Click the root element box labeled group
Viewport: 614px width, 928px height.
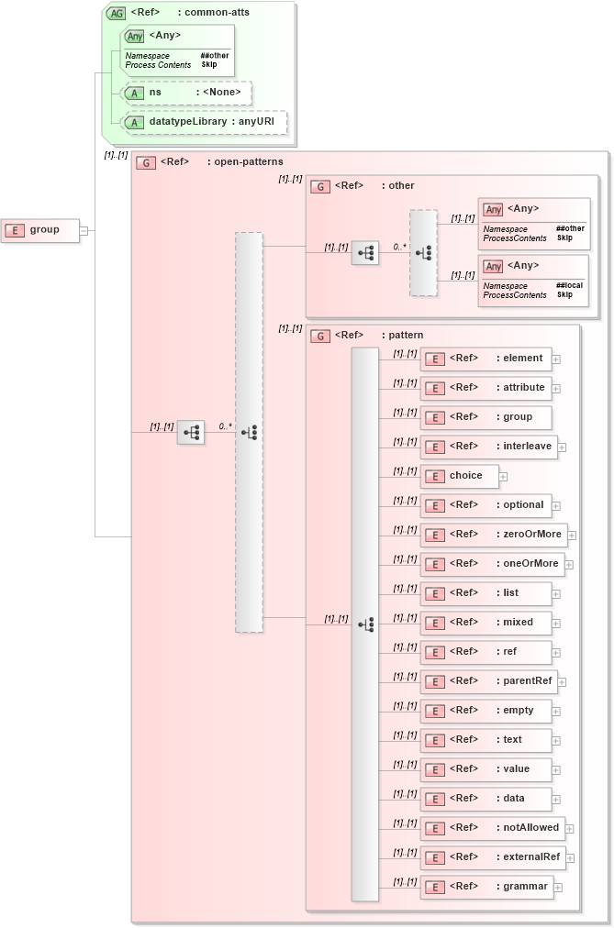point(40,230)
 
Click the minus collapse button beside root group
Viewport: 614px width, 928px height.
point(84,230)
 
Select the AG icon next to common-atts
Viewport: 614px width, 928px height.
point(117,13)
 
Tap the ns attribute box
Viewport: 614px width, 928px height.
point(187,93)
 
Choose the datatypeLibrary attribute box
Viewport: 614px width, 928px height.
point(205,122)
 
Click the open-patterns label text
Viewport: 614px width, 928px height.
point(235,162)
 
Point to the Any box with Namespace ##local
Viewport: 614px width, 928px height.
point(533,281)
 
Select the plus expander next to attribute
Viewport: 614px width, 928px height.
point(556,389)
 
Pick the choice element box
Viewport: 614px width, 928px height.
point(459,476)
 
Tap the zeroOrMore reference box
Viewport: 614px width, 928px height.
point(493,535)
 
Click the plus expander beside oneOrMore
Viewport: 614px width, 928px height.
point(569,565)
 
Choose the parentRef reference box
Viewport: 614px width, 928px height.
point(488,681)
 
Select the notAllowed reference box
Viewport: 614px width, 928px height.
point(492,828)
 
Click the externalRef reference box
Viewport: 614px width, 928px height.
point(492,857)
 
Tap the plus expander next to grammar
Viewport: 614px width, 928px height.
point(558,888)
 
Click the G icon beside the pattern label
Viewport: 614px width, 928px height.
point(320,337)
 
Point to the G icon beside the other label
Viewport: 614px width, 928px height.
point(320,187)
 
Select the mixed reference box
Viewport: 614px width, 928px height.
point(486,623)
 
